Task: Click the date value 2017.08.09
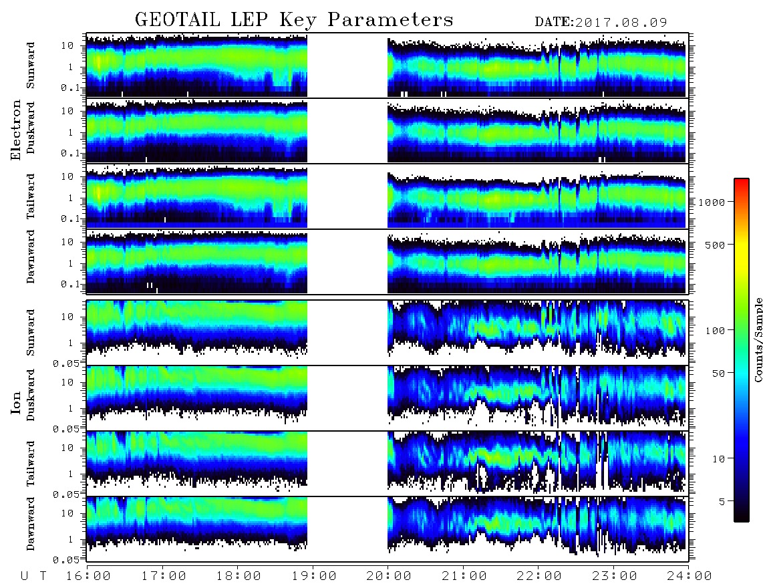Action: point(621,23)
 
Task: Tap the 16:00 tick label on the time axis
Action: point(88,577)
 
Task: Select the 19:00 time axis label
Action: point(313,577)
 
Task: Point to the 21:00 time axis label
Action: point(464,577)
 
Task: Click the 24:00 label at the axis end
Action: point(689,577)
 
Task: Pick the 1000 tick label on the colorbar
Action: point(712,202)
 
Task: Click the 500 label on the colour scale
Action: point(715,245)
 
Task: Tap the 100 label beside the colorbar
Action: point(715,331)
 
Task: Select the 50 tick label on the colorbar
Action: point(718,374)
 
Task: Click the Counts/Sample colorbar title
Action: point(758,339)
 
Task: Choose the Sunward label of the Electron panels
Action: point(31,65)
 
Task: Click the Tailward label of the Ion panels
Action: point(31,464)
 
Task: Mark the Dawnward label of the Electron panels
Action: point(31,257)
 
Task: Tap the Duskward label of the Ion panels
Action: point(31,396)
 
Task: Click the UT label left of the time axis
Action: point(33,577)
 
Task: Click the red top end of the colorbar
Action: point(742,180)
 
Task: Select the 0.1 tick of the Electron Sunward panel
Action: point(71,88)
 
